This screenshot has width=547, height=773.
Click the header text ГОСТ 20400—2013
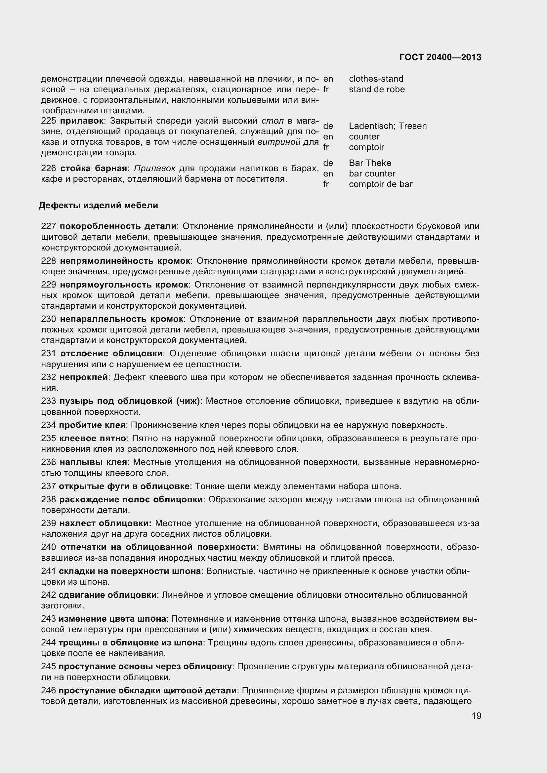pyautogui.click(x=440, y=57)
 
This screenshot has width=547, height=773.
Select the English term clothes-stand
pyautogui.click(x=376, y=79)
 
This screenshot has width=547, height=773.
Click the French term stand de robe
pyautogui.click(x=377, y=89)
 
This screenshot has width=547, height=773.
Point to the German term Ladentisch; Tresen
pyautogui.click(x=388, y=126)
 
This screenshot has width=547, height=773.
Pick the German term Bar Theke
pyautogui.click(x=370, y=163)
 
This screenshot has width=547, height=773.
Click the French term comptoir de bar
pyautogui.click(x=381, y=184)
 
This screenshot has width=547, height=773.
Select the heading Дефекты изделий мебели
pyautogui.click(x=98, y=205)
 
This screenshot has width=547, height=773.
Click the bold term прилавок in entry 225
pyautogui.click(x=81, y=121)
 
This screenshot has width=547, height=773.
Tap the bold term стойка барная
pyautogui.click(x=94, y=168)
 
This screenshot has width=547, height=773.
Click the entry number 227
pyautogui.click(x=48, y=226)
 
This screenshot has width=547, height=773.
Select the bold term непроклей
pyautogui.click(x=83, y=377)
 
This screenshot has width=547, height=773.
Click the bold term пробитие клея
pyautogui.click(x=92, y=425)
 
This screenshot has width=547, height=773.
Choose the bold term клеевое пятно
pyautogui.click(x=93, y=438)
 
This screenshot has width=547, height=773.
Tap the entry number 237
pyautogui.click(x=48, y=486)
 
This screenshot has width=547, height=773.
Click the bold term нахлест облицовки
pyautogui.click(x=105, y=523)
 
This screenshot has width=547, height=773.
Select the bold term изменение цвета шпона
pyautogui.click(x=112, y=619)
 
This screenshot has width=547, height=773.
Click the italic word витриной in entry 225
pyautogui.click(x=279, y=142)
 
